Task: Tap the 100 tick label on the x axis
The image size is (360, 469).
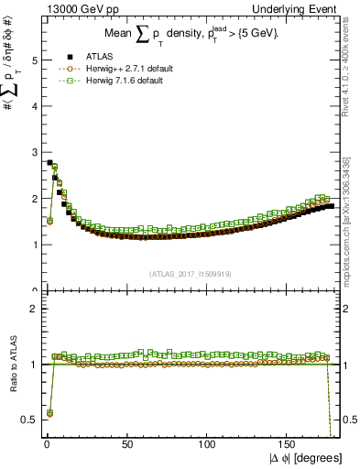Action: [207, 444]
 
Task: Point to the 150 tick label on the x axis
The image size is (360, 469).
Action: [289, 444]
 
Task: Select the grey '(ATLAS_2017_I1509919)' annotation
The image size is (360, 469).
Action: [190, 272]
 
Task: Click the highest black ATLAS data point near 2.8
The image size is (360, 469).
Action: [49, 162]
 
